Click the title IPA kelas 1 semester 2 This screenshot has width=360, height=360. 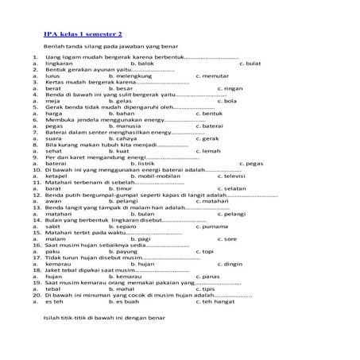coord(83,33)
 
